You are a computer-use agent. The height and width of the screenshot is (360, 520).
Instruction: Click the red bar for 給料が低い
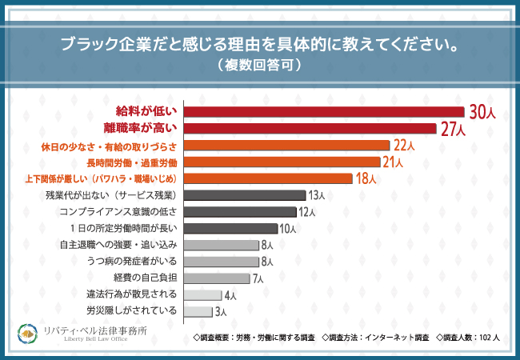tap(324, 112)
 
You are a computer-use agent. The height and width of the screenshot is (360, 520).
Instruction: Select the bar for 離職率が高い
tap(310, 129)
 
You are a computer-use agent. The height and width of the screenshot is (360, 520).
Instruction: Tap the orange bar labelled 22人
tap(286, 146)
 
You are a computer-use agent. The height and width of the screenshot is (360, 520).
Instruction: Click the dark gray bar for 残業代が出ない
tap(245, 195)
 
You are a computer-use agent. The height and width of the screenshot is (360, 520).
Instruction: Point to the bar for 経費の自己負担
tap(216, 278)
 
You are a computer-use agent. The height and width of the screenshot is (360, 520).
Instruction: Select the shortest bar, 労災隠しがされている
tap(198, 311)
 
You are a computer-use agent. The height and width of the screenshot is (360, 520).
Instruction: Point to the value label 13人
tap(316, 196)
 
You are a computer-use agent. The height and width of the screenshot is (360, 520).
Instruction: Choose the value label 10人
tap(289, 230)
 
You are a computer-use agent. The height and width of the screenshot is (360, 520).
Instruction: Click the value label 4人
tap(230, 296)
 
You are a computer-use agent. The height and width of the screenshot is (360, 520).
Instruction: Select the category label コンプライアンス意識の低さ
tap(123, 212)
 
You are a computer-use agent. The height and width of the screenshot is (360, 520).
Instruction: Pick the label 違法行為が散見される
tap(131, 295)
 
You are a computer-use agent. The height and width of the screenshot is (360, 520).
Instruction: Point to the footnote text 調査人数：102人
tap(470, 337)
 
